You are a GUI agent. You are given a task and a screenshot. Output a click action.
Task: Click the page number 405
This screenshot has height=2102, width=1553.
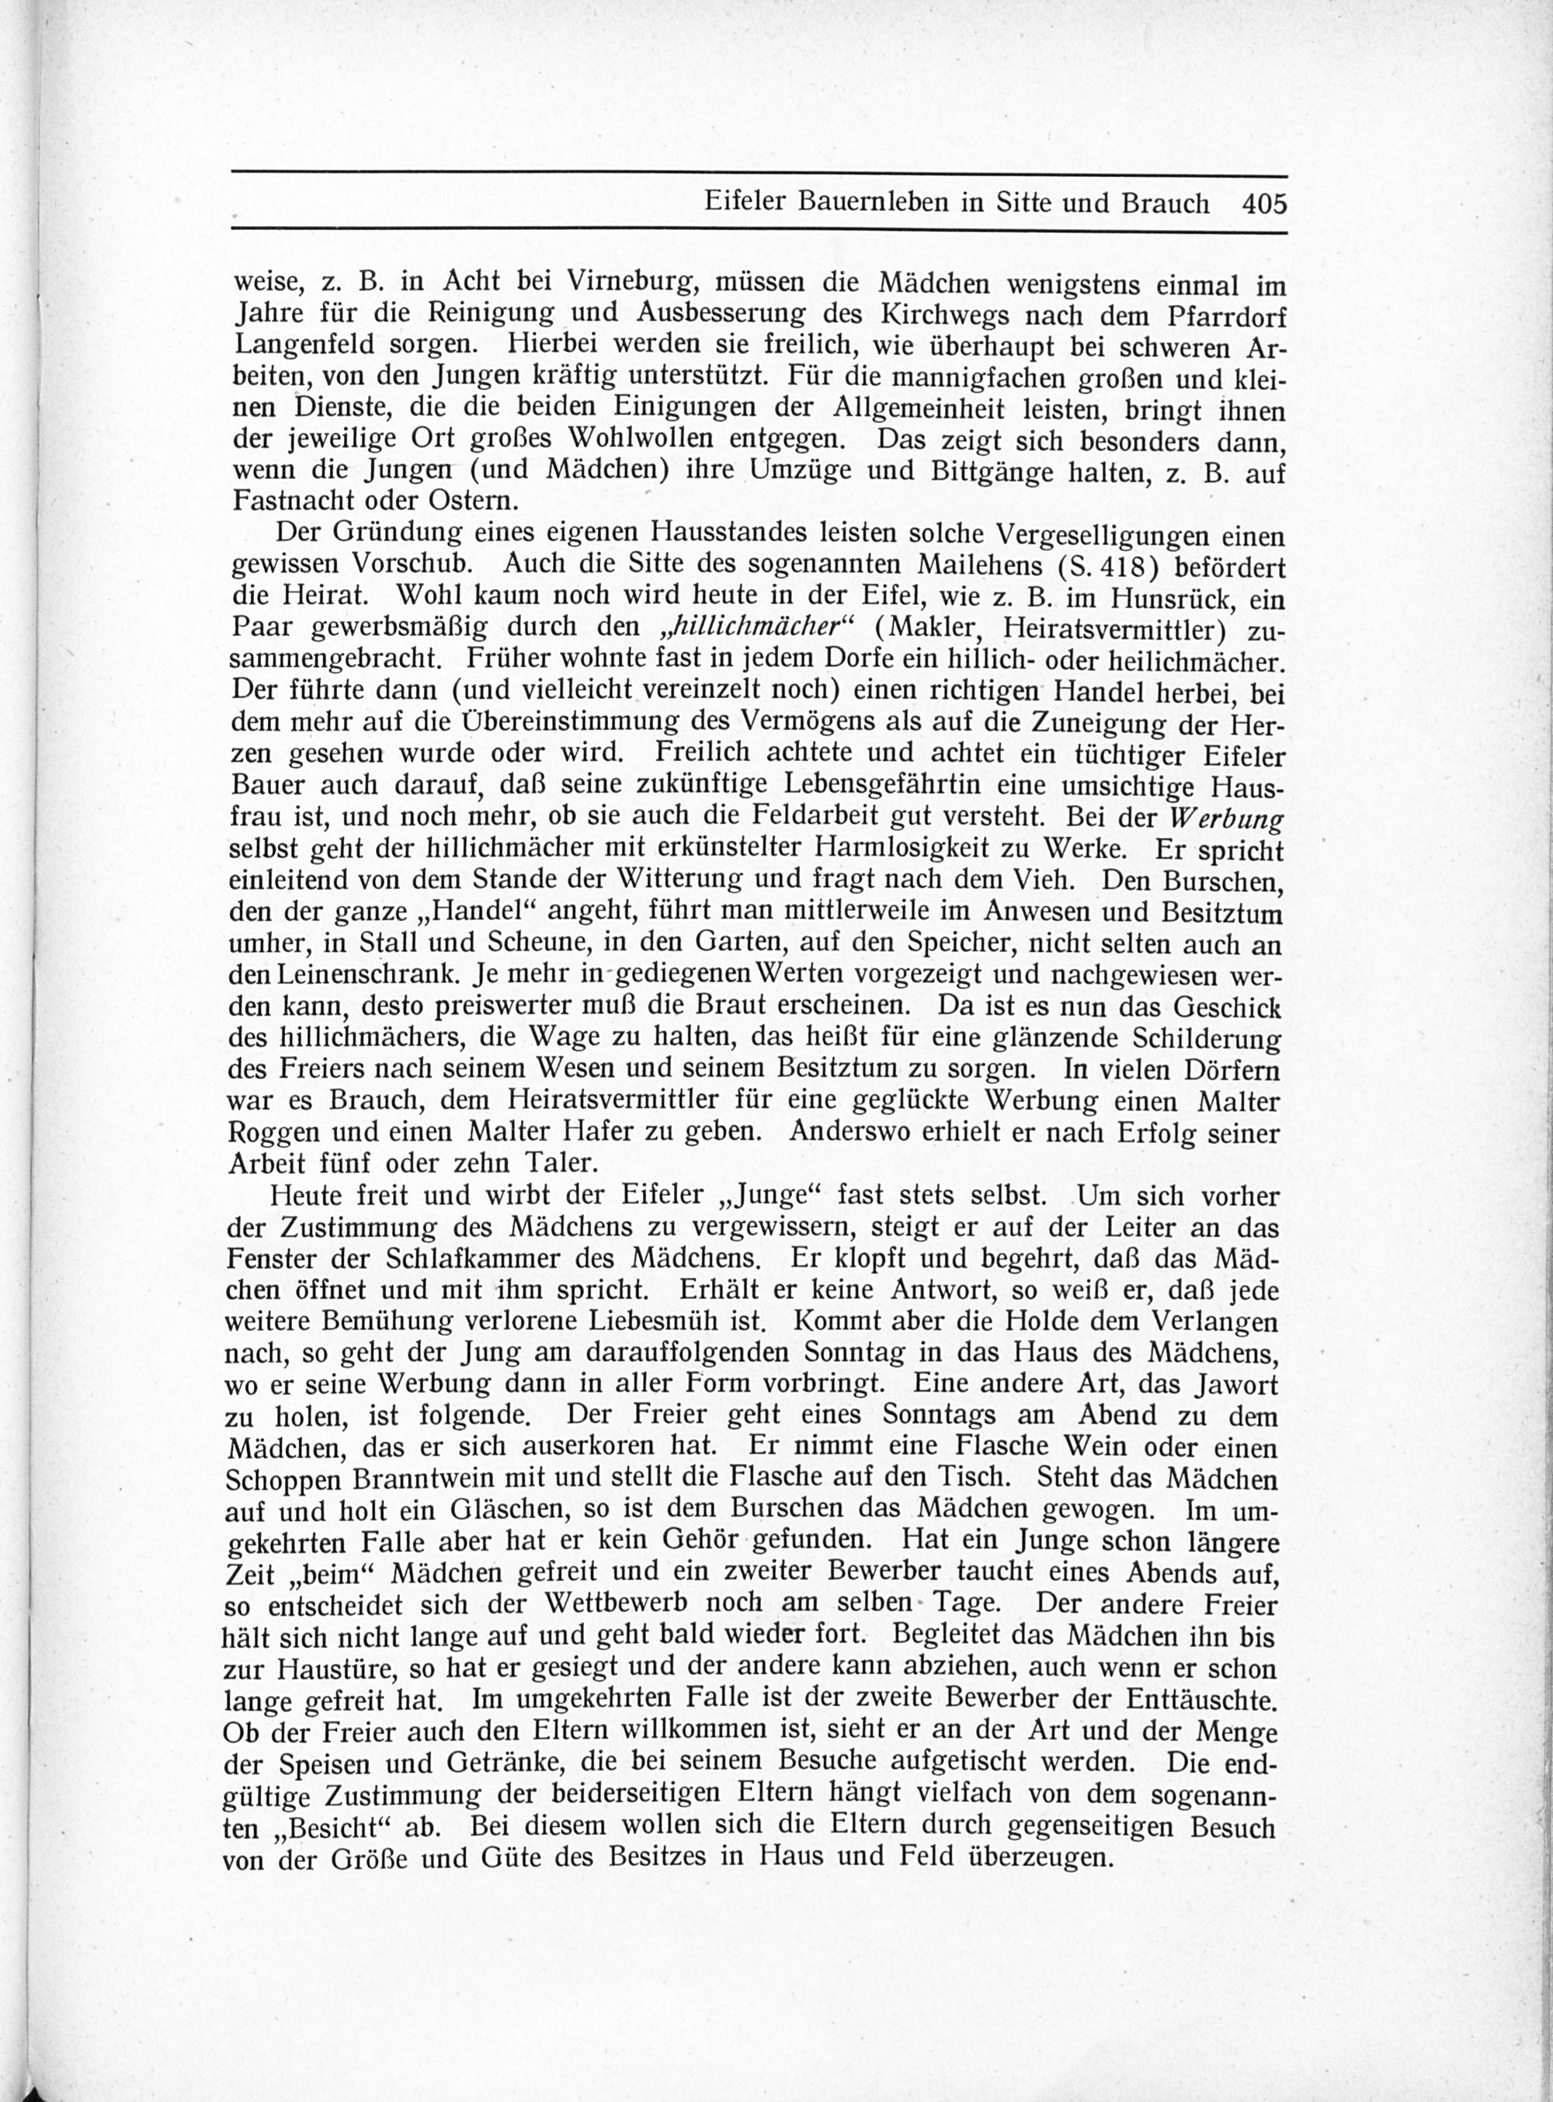[x=1262, y=204]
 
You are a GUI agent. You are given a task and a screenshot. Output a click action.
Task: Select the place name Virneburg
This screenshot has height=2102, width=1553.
[x=627, y=282]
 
